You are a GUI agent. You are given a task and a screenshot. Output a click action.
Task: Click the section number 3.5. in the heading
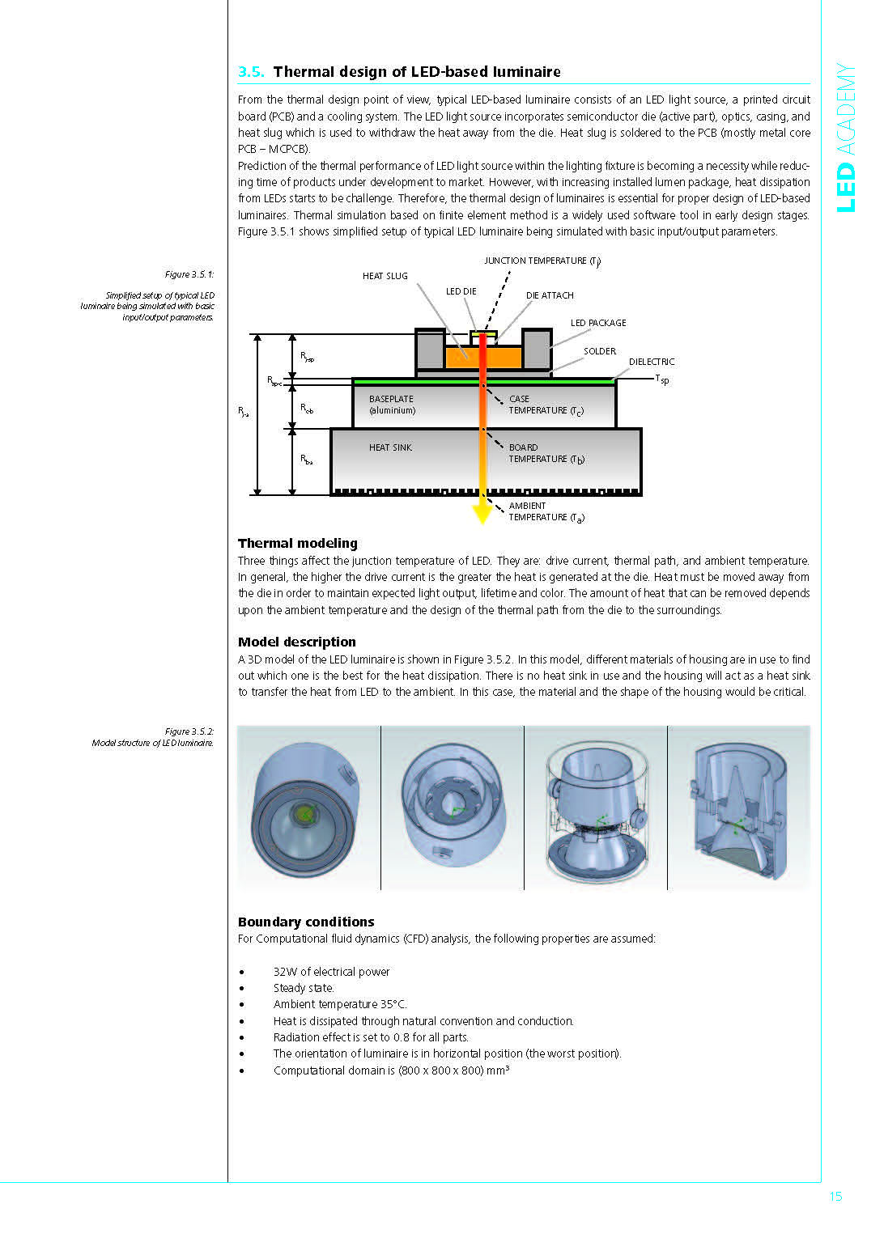click(x=251, y=72)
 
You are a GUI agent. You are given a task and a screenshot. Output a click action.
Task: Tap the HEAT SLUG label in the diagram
click(x=385, y=277)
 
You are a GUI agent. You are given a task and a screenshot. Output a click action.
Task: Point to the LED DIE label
click(x=461, y=291)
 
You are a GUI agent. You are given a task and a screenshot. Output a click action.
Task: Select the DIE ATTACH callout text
click(x=550, y=295)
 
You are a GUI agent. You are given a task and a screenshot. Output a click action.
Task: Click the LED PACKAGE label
click(x=598, y=323)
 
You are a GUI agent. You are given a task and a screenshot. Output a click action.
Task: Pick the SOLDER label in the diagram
click(x=600, y=351)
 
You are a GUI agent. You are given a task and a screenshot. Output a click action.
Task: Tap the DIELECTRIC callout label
click(x=651, y=362)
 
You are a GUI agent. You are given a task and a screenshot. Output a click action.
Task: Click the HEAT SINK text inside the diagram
click(x=390, y=447)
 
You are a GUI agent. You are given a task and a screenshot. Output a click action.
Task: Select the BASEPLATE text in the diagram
click(x=391, y=399)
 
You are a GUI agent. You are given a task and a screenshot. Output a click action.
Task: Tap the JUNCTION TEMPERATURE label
click(x=542, y=261)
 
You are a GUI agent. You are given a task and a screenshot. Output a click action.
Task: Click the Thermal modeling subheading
click(x=297, y=544)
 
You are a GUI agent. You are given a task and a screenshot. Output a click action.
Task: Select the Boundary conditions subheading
click(x=306, y=922)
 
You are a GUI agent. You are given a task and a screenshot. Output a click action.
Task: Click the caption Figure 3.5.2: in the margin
click(x=189, y=731)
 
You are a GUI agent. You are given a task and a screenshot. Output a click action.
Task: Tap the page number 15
click(x=835, y=1197)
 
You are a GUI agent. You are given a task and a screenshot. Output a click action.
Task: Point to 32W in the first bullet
click(x=285, y=972)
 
